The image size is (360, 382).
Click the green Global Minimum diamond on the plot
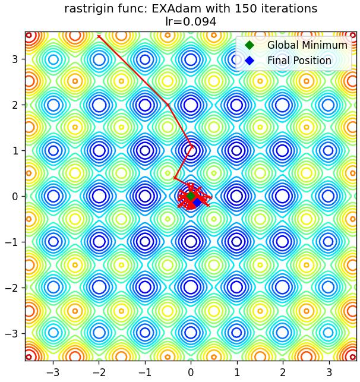[191, 196]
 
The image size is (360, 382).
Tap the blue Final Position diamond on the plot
[197, 202]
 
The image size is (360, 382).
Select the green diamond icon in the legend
[250, 45]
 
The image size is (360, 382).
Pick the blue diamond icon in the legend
[250, 61]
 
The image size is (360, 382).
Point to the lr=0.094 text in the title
[191, 21]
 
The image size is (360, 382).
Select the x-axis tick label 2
[283, 372]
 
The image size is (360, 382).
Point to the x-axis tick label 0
[191, 372]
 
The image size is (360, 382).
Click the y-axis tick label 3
[15, 59]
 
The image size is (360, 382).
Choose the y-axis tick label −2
[12, 288]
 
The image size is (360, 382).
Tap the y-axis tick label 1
[15, 150]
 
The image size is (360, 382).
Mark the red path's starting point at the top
[99, 36]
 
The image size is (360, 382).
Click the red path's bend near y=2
[168, 105]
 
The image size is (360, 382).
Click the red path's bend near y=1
[192, 146]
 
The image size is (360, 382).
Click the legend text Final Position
[299, 61]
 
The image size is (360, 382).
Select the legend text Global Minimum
[307, 45]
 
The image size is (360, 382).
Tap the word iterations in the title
[287, 9]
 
